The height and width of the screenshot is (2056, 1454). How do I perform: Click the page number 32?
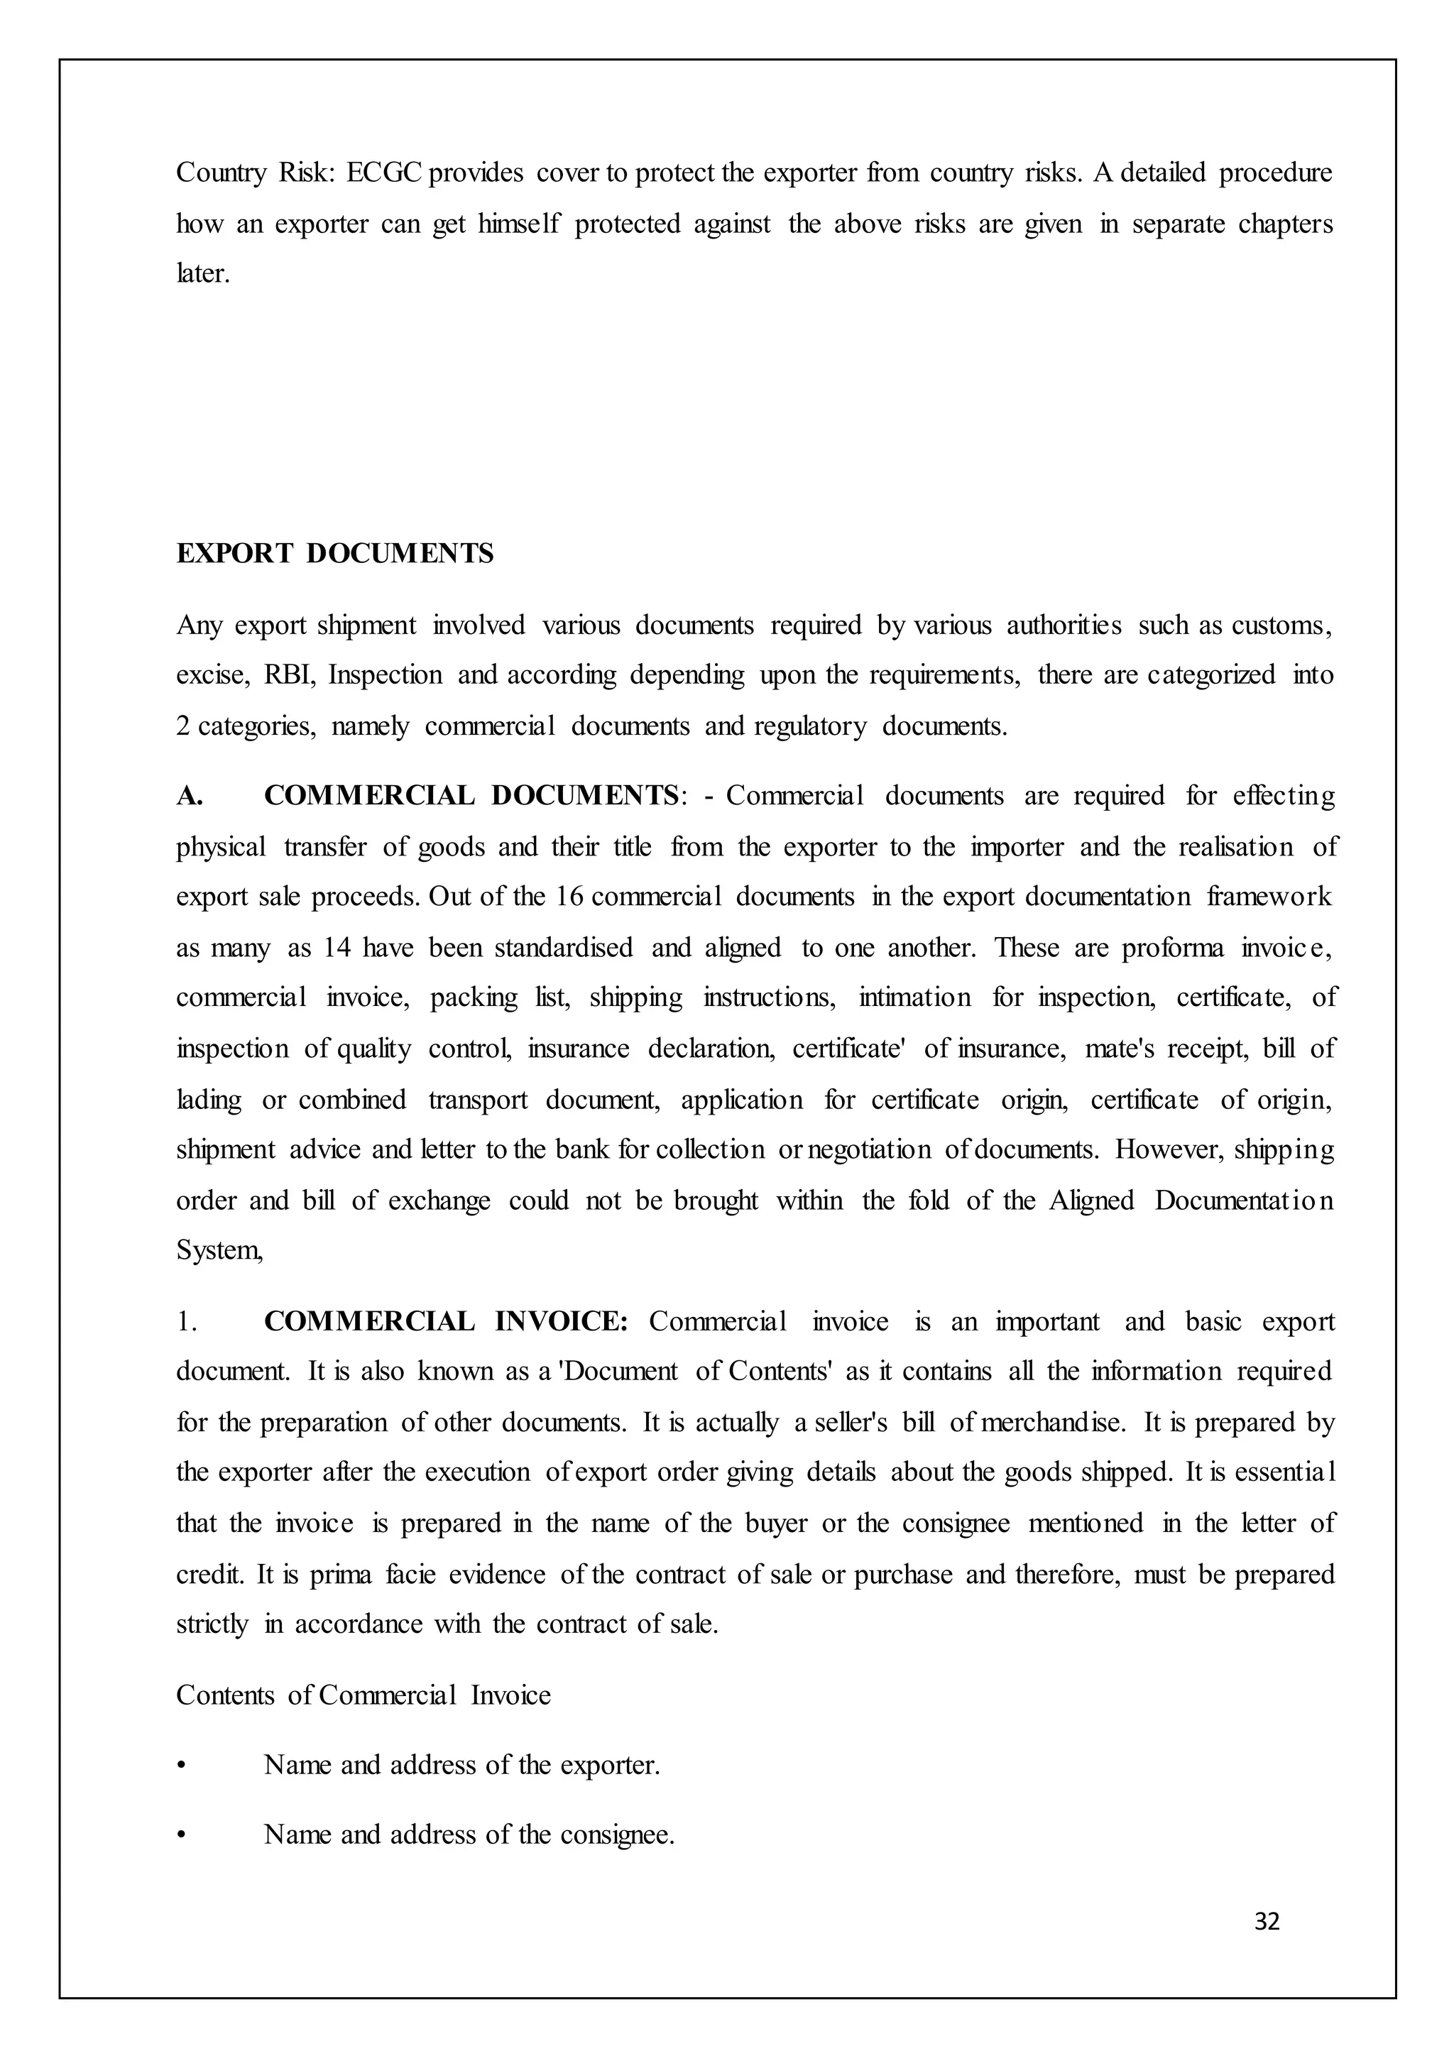(x=1267, y=1922)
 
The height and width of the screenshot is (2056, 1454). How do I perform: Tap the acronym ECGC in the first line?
(x=384, y=173)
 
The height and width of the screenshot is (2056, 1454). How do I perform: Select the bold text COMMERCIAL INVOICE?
(x=446, y=1322)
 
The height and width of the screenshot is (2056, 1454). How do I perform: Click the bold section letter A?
(x=189, y=796)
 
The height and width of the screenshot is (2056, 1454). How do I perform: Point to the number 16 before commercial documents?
(x=569, y=897)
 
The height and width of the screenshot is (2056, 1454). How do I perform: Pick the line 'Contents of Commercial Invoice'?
(x=363, y=1695)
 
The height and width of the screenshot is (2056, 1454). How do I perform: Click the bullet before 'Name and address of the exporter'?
(x=181, y=1766)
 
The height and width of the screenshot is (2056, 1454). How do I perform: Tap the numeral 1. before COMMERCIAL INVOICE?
(x=185, y=1322)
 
